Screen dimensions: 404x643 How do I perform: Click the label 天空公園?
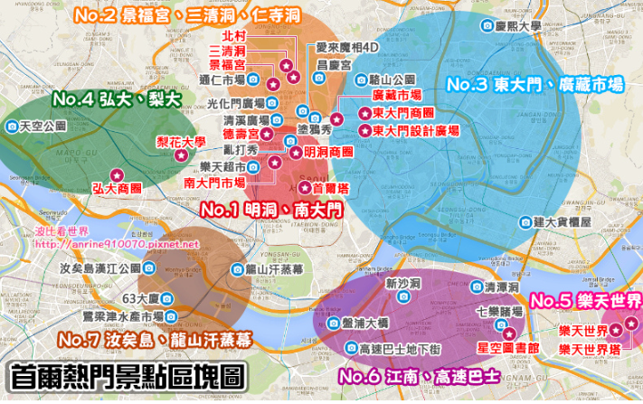point(43,126)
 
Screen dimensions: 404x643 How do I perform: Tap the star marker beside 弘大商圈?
point(116,174)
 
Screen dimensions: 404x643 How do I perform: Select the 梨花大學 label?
point(180,141)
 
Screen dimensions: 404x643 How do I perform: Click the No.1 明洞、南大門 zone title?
point(271,210)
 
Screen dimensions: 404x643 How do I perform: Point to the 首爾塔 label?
point(329,188)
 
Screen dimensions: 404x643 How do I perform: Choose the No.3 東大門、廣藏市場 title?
point(535,85)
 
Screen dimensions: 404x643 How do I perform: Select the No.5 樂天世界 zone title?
point(584,300)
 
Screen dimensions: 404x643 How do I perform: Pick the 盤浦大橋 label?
point(364,324)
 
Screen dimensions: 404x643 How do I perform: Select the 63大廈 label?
point(141,298)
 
